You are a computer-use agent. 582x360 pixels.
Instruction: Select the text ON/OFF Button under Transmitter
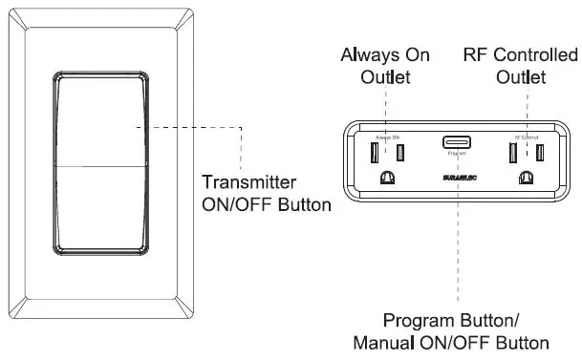pyautogui.click(x=265, y=203)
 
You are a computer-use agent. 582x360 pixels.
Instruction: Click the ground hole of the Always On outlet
pyautogui.click(x=388, y=177)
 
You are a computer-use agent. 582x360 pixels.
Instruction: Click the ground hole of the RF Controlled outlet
pyautogui.click(x=525, y=177)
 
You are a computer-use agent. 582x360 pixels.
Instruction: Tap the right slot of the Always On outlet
pyautogui.click(x=401, y=151)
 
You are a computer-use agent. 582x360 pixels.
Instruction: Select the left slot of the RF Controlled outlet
pyautogui.click(x=511, y=151)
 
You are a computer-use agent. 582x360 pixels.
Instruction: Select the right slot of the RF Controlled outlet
pyautogui.click(x=539, y=151)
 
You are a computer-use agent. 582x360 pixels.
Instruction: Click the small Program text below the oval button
pyautogui.click(x=456, y=153)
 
